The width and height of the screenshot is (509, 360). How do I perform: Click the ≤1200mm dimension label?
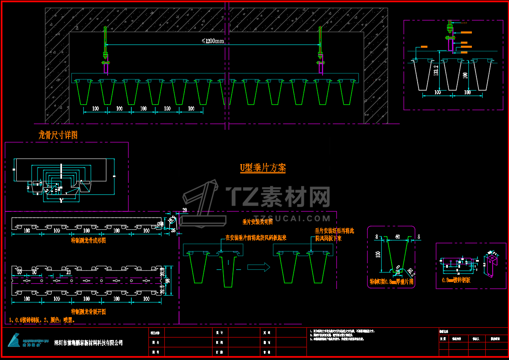coord(213,41)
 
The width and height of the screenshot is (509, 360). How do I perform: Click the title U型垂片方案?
coord(263,168)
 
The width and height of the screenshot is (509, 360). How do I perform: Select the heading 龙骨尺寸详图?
coord(58,135)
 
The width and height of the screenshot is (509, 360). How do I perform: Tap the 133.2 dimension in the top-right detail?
coord(436,71)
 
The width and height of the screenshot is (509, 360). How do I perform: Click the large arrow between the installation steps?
coord(259,267)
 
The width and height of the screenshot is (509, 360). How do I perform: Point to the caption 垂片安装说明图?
coord(257,222)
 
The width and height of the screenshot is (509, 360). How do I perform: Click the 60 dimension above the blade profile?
coord(397,236)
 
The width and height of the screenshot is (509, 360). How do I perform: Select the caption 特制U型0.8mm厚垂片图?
coord(391,282)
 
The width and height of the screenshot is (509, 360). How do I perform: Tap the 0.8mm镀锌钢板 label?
coord(456,280)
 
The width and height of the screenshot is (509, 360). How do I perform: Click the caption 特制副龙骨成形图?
coord(89,241)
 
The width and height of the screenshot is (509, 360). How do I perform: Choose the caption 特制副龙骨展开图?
coord(89,312)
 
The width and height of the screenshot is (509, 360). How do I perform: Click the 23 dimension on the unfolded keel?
coord(68,272)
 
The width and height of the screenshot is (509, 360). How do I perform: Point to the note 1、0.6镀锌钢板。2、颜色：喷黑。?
coord(42,320)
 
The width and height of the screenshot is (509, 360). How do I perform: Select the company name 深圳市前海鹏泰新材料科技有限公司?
coord(89,343)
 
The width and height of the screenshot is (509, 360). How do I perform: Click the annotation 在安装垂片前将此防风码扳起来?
coord(256,238)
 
